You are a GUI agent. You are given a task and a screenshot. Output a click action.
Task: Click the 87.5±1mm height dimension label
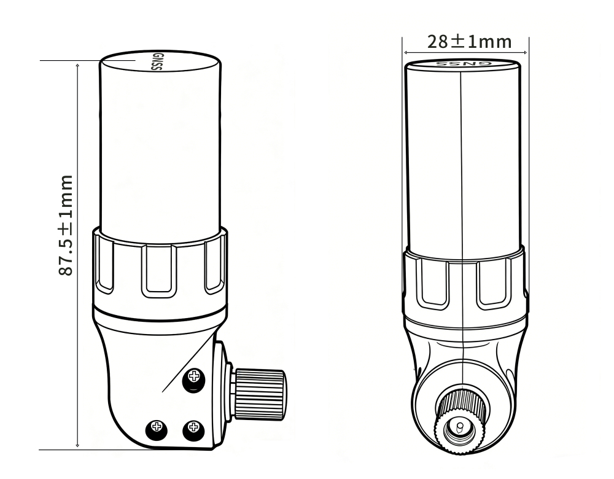click(66, 224)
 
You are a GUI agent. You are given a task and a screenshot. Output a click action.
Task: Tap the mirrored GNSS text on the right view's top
click(464, 63)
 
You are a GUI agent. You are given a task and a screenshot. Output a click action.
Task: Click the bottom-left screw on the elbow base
click(155, 426)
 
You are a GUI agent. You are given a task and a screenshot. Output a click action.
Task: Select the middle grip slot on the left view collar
click(158, 269)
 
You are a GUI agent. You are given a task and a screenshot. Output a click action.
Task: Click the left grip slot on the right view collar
click(433, 282)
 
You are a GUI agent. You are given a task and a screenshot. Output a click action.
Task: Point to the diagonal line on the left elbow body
click(184, 368)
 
